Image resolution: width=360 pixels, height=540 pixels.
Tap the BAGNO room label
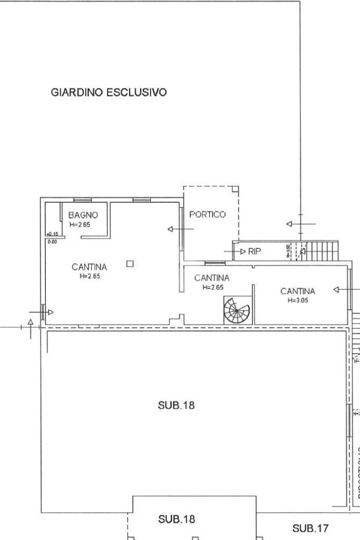[x=80, y=215]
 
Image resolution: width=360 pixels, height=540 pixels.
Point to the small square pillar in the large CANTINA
[x=131, y=263]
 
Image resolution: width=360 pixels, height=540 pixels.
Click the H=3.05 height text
[x=298, y=300]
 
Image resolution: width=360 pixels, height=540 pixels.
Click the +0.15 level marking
[x=52, y=234]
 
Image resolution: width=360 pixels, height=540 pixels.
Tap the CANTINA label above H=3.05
[x=298, y=291]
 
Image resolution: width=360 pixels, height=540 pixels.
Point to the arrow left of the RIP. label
[x=240, y=252]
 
